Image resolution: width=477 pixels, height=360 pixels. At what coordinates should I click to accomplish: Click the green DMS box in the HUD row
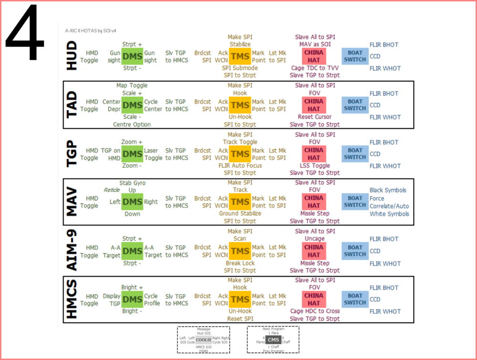click(x=132, y=57)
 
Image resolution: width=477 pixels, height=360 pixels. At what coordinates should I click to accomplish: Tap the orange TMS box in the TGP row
click(x=239, y=154)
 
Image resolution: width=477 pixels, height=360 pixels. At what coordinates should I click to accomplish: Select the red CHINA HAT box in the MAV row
click(x=313, y=202)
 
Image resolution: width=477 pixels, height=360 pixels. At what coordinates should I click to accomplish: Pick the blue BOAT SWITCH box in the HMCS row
click(x=355, y=299)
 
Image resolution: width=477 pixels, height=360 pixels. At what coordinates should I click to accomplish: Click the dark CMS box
click(x=273, y=339)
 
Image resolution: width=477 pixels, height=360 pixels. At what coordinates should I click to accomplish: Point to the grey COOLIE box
click(x=204, y=339)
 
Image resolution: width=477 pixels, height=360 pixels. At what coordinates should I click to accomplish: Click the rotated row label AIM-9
click(x=72, y=250)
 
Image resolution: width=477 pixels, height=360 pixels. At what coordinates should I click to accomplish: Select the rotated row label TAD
click(x=72, y=104)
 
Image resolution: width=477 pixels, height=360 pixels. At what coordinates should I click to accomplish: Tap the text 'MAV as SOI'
click(x=315, y=45)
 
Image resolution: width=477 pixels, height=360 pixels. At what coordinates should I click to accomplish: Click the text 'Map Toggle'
click(x=132, y=85)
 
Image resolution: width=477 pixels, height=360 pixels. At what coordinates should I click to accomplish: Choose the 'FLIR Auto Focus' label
click(x=240, y=166)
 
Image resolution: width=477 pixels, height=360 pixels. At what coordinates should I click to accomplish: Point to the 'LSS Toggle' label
click(x=314, y=166)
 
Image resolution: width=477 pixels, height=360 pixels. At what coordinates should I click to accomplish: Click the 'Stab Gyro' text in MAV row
click(x=133, y=183)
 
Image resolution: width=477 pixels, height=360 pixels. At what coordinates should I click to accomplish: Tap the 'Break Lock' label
click(x=240, y=263)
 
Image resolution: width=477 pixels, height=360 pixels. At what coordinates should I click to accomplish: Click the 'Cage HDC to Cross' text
click(x=315, y=311)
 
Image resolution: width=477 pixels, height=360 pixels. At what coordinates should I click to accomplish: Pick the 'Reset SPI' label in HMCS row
click(x=240, y=319)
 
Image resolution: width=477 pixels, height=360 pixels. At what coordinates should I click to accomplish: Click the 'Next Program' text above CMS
click(x=273, y=329)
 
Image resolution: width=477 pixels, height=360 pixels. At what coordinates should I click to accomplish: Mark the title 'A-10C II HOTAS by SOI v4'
click(x=89, y=31)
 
